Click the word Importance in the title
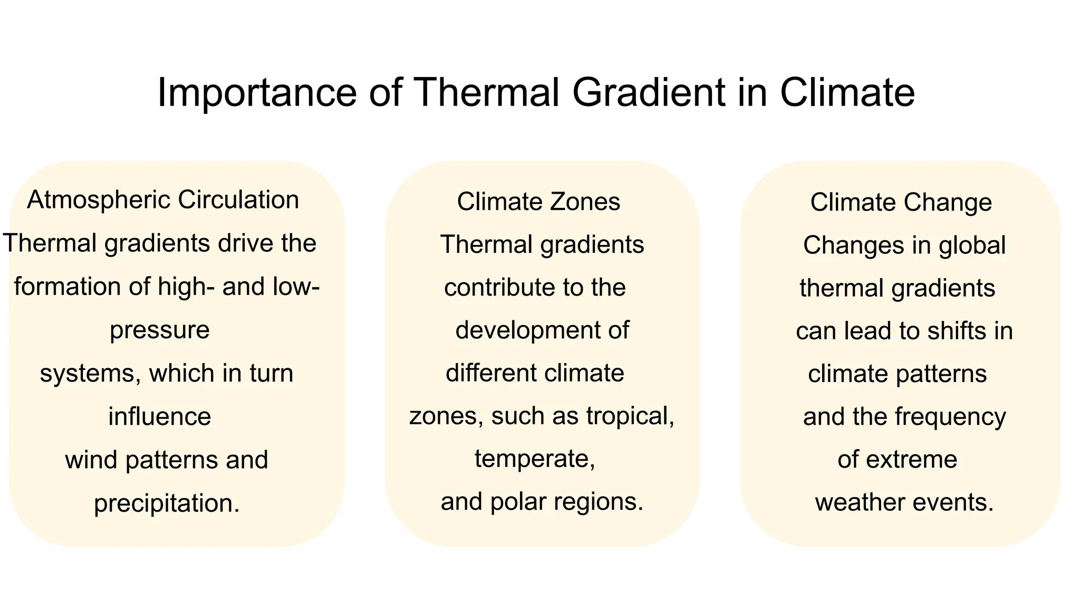pos(257,93)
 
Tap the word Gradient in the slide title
pos(649,93)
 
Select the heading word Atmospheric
pos(99,201)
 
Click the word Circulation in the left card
pos(238,200)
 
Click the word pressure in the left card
pos(160,330)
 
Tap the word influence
pos(160,416)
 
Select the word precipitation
pos(167,503)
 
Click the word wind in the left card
pos(92,460)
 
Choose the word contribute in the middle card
pos(499,288)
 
